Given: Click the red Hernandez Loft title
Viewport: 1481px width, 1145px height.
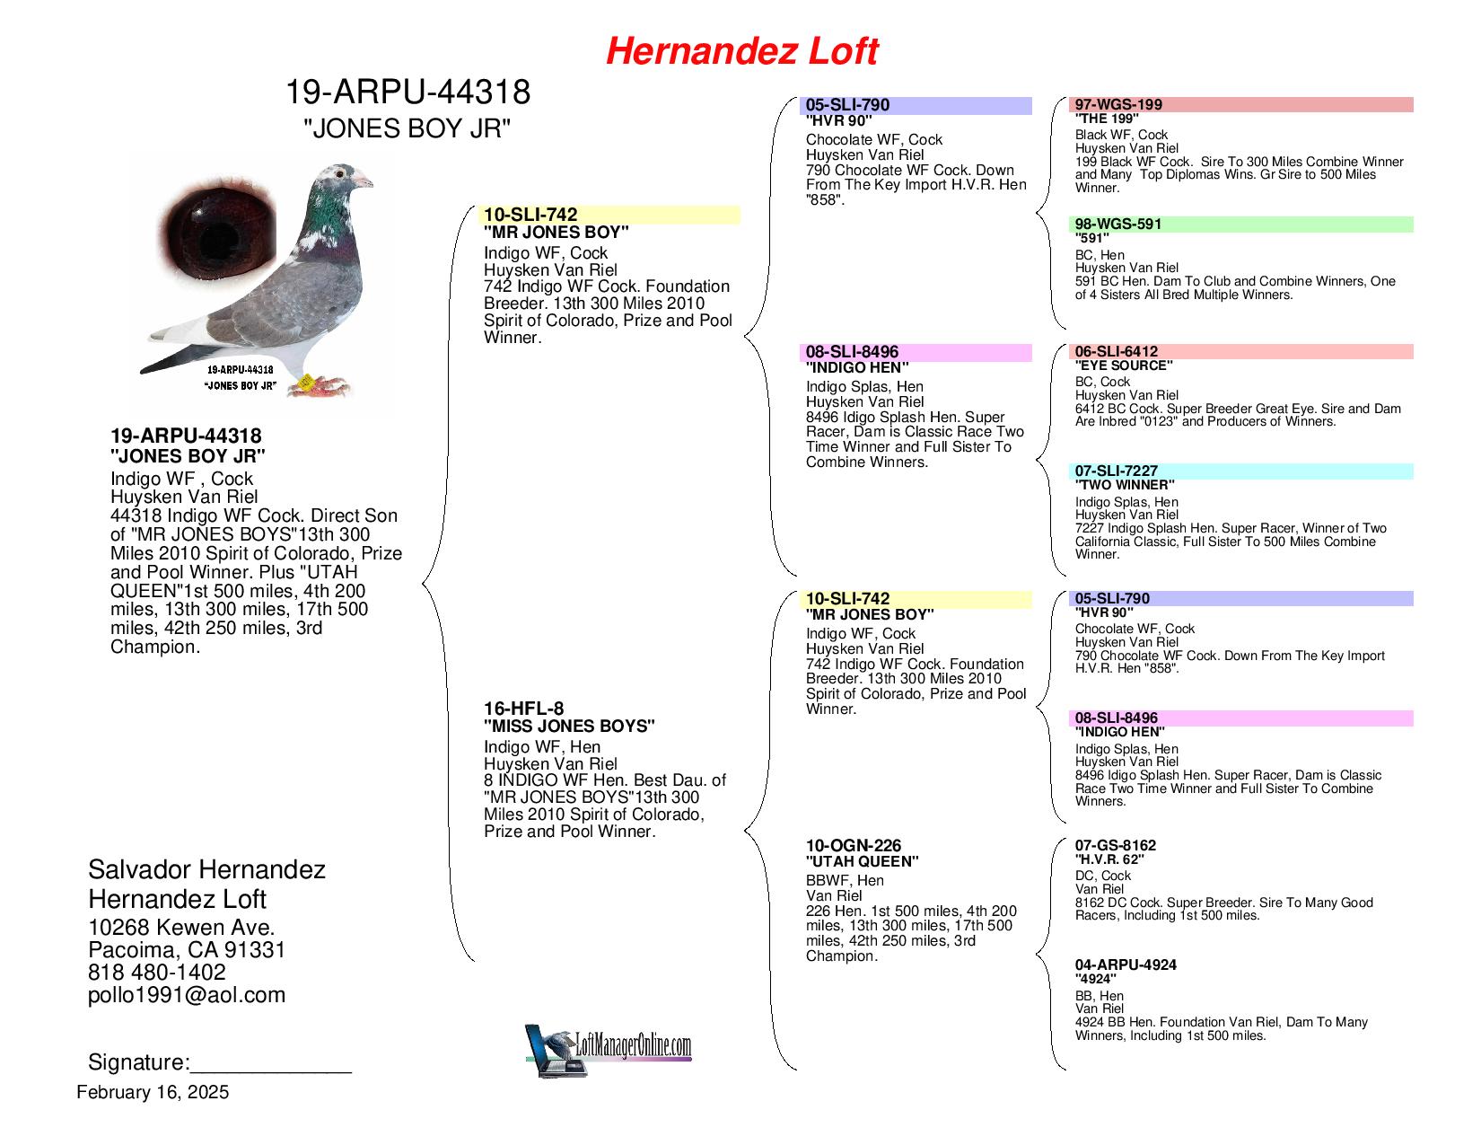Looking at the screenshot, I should point(741,51).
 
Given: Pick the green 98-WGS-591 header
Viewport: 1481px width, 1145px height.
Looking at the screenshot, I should point(1241,224).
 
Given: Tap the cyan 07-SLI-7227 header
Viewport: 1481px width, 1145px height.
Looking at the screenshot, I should point(1241,471).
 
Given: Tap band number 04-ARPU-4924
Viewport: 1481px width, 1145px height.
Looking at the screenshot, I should point(1126,964).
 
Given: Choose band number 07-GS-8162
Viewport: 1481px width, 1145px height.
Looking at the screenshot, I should point(1116,845).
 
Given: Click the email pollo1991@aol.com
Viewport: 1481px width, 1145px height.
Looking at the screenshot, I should point(187,994).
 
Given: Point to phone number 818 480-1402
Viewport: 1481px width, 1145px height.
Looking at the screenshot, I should point(157,972).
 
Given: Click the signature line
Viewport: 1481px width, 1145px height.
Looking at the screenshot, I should point(270,1065).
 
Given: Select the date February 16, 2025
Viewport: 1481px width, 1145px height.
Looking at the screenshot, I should point(153,1092).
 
